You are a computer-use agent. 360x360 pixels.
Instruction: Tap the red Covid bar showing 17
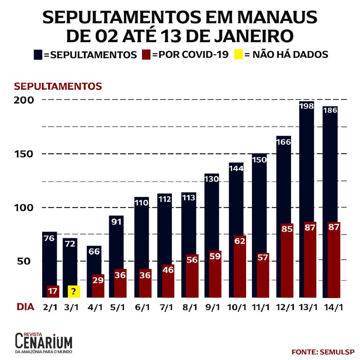(x=53, y=291)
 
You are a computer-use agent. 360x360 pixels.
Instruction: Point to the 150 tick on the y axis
(x=24, y=154)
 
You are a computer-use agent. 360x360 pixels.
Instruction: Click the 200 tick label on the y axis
(x=24, y=100)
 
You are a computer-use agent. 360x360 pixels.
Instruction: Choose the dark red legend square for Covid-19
(x=146, y=55)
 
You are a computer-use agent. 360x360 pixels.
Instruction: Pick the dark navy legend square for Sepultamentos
(x=38, y=55)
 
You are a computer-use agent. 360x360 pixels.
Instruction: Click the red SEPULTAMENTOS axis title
(x=58, y=86)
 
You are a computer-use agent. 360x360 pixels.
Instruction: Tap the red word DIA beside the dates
(x=26, y=307)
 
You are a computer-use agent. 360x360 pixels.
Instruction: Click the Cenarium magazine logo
(x=44, y=343)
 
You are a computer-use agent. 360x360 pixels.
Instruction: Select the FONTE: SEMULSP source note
(x=323, y=352)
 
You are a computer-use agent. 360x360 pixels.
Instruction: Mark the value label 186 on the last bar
(x=330, y=110)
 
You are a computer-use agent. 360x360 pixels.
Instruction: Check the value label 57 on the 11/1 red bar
(x=262, y=257)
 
